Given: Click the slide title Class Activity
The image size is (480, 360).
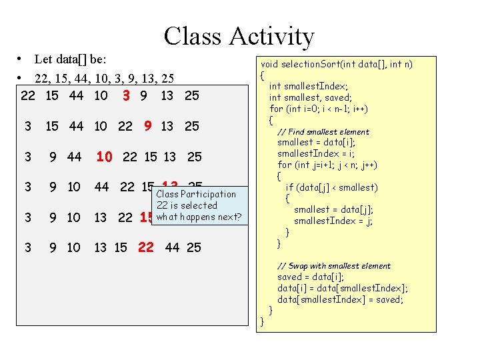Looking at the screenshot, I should [x=239, y=36].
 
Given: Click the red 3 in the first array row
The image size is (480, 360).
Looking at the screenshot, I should [x=125, y=95].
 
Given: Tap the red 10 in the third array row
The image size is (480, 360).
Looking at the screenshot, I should [x=104, y=157].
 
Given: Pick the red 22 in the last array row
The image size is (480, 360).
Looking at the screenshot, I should [x=145, y=247].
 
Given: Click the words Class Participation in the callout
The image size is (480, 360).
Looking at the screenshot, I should [x=196, y=194].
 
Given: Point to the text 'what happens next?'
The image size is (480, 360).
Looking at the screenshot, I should [x=199, y=217].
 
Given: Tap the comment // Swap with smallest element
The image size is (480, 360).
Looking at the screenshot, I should [x=334, y=266].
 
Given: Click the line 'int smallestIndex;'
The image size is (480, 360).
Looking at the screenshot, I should [x=308, y=86].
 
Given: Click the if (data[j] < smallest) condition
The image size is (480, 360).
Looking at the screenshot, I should [x=331, y=187].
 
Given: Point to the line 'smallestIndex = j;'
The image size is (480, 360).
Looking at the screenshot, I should [x=333, y=221].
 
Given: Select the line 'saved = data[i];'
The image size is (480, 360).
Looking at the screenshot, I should [x=311, y=277].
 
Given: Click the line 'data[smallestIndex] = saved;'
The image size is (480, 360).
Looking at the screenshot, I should [x=340, y=299].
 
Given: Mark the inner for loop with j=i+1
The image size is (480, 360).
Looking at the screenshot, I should [x=327, y=165].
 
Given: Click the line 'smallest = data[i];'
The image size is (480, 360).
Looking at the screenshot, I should [x=316, y=142].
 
